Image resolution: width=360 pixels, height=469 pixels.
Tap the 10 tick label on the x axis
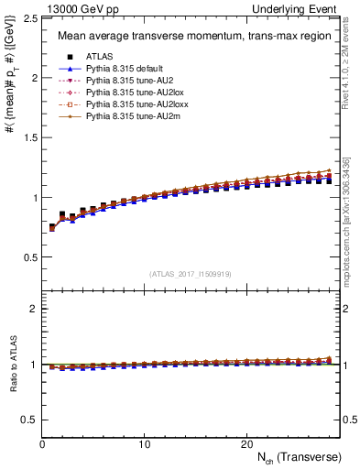(144, 443)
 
